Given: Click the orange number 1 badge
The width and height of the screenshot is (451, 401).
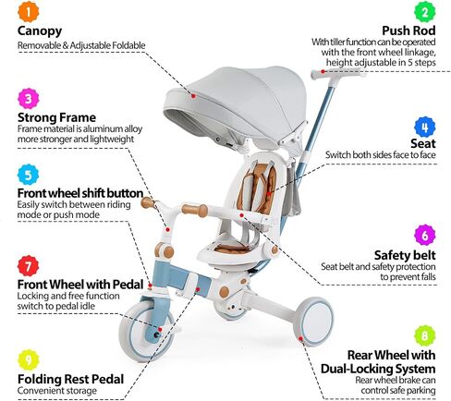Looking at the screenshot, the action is [x=29, y=12].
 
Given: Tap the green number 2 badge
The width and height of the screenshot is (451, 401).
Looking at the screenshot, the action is [x=425, y=12].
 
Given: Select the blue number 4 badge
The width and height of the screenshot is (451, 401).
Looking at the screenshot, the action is [x=425, y=127].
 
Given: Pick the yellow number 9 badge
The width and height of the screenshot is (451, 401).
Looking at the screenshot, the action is [x=29, y=360].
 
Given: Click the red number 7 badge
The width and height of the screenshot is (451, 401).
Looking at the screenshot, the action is [x=29, y=266].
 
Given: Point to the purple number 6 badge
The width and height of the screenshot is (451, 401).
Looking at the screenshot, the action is [x=425, y=235].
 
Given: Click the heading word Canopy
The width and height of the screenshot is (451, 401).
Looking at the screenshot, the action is [x=40, y=31].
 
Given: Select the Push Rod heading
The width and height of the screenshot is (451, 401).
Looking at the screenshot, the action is [x=408, y=30].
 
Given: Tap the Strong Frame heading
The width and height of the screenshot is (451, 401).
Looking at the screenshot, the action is [x=56, y=117].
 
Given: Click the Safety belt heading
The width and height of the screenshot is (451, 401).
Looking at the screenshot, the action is [x=405, y=255].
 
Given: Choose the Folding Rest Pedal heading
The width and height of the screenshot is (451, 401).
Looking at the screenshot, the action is [x=70, y=379].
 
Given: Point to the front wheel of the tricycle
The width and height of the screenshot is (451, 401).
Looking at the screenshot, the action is [x=146, y=330].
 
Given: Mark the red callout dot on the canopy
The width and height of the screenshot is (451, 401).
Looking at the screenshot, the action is [x=193, y=96].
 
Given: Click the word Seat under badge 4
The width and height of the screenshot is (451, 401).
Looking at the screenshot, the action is [x=423, y=143].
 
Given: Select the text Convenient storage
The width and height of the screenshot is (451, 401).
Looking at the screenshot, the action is [x=57, y=391].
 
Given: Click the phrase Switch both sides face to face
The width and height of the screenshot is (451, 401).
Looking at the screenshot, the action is [x=381, y=154].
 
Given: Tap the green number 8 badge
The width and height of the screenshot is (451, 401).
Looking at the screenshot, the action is [x=425, y=335].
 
